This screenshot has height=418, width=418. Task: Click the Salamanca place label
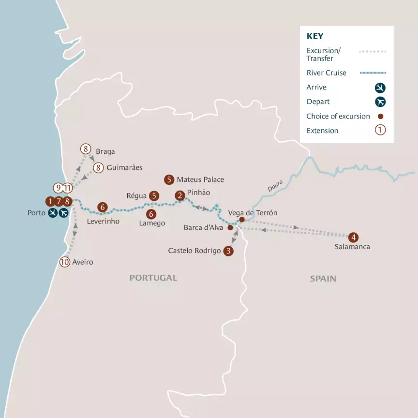tap(352, 247)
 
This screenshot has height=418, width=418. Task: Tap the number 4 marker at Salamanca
tap(354, 237)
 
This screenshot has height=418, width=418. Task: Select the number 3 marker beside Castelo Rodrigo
tap(229, 251)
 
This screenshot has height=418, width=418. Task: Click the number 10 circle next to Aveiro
tap(65, 262)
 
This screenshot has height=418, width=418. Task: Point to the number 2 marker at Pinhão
tap(180, 195)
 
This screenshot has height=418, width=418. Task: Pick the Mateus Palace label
tap(200, 179)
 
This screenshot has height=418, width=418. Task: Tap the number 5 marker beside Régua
tap(154, 195)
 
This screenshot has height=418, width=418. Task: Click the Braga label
tap(105, 151)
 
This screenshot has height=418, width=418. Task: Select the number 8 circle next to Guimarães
tap(98, 168)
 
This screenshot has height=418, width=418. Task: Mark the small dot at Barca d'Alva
tap(230, 227)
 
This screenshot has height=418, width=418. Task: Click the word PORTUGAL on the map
tap(153, 278)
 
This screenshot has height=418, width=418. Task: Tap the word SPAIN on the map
tap(323, 279)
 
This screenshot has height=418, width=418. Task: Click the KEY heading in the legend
tap(315, 36)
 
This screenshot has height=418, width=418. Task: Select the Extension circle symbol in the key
tap(380, 130)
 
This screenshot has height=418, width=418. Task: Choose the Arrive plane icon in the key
tap(380, 88)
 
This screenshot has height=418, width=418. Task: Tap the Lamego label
tap(152, 224)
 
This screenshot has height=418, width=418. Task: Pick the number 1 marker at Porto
tap(50, 201)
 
